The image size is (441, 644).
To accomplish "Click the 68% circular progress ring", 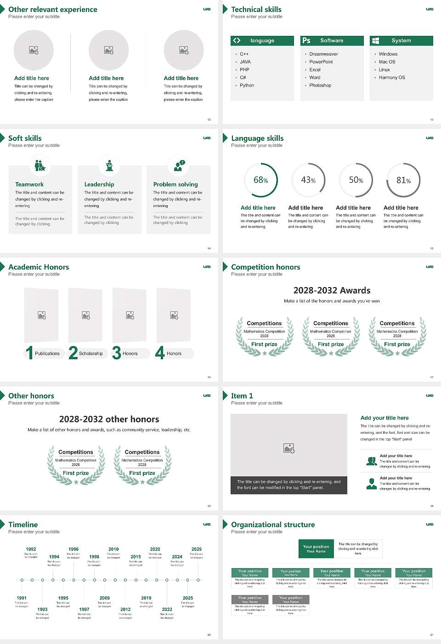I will (261, 180).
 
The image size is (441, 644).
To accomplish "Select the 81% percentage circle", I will (403, 180).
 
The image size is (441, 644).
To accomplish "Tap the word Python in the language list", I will (247, 85).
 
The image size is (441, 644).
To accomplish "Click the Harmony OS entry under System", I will (392, 77).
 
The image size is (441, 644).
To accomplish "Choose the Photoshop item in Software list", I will (320, 85).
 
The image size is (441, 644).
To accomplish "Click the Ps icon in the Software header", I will (306, 40).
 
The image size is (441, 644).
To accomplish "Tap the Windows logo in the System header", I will (375, 40).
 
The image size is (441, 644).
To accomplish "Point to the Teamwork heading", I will (29, 184).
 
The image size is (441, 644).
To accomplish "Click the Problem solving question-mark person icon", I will (178, 166).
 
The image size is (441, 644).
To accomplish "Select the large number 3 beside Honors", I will (117, 353).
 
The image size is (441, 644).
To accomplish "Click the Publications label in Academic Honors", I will (47, 353).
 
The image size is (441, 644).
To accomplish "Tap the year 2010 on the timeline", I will (113, 549).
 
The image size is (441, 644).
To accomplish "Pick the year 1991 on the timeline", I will (22, 598).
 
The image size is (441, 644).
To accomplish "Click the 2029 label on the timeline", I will (197, 549).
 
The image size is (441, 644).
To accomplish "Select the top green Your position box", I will (316, 549).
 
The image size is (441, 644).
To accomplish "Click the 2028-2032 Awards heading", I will (332, 290).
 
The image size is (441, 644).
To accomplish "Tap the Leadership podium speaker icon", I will (109, 166).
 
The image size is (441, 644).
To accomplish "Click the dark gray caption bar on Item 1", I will (288, 485).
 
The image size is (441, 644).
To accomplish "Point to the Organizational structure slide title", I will (273, 524).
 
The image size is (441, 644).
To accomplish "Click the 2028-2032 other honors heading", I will (109, 419).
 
